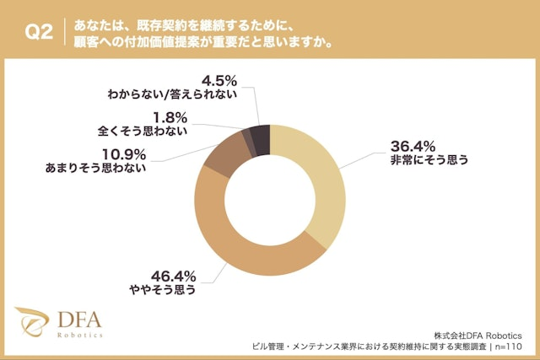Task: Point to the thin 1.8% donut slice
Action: coord(247,138)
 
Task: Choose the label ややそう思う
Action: coord(162,291)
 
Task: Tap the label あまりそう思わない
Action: coord(95,168)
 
